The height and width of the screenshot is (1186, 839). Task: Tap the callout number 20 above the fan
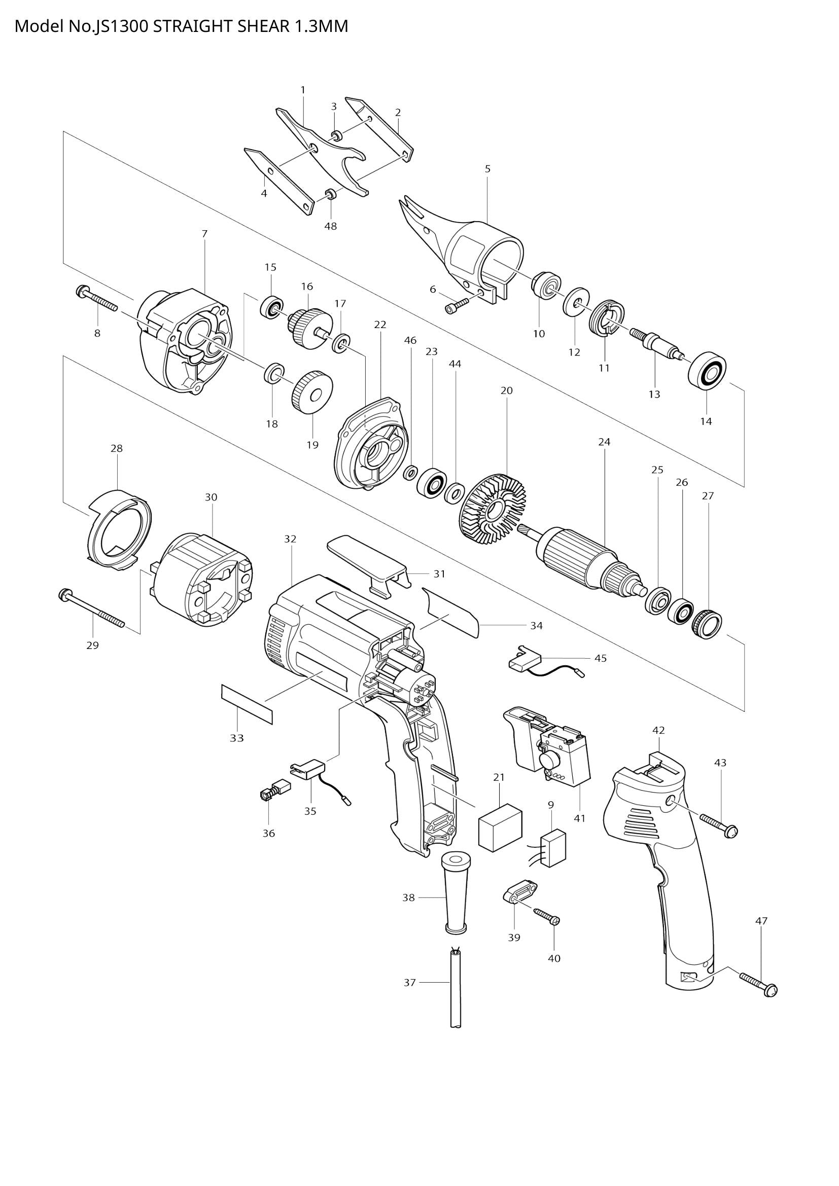(x=506, y=390)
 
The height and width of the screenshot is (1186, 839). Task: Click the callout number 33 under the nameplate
(x=236, y=738)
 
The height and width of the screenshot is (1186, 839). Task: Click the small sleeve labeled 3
(x=336, y=136)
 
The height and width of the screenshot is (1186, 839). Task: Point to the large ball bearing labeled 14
(x=707, y=369)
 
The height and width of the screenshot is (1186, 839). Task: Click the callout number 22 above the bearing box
(x=380, y=325)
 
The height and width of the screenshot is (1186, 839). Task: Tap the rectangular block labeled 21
(x=500, y=832)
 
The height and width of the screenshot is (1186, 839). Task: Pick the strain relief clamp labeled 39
(x=520, y=892)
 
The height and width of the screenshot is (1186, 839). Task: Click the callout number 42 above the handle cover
(x=658, y=730)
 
